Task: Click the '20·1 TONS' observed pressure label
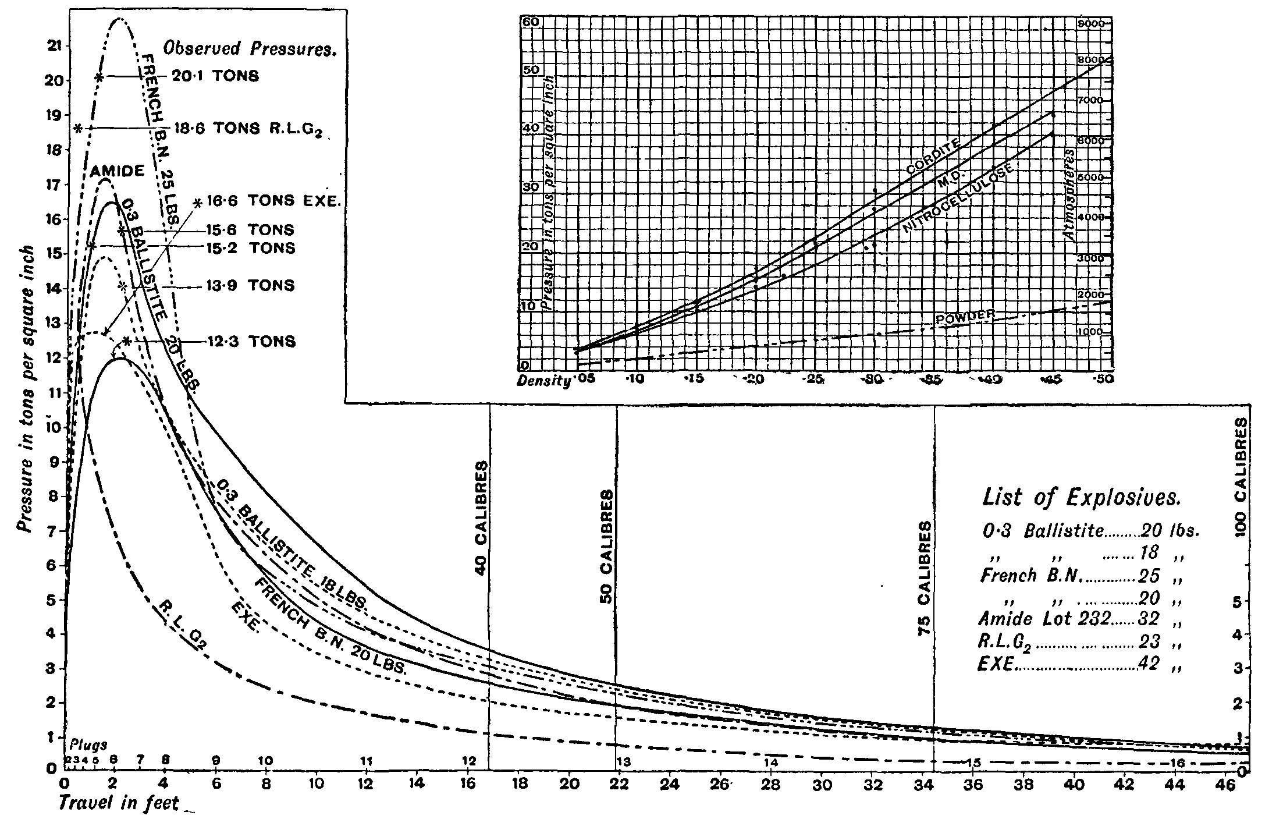(215, 76)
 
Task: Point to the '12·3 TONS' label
(251, 341)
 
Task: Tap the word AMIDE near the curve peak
(118, 171)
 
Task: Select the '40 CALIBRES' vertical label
(481, 518)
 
